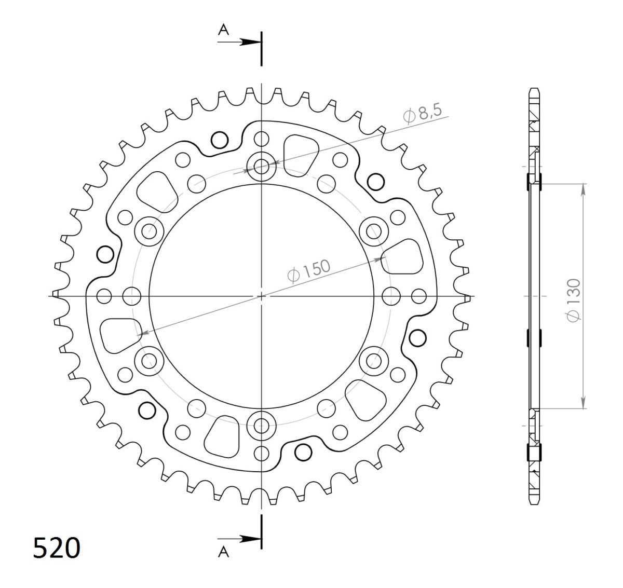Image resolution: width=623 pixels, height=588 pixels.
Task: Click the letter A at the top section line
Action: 223,31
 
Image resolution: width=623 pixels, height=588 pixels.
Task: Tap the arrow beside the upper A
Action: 245,42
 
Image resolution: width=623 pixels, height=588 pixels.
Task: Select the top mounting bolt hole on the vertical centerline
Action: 262,167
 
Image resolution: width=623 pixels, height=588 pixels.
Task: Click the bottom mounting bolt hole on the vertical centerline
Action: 262,426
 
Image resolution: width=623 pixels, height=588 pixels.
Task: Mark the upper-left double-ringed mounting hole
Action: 150,231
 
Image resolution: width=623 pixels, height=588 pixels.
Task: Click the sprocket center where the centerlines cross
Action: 262,296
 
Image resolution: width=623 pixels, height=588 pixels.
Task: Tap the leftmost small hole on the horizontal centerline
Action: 104,296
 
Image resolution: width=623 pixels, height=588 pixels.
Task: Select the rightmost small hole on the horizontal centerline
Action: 418,296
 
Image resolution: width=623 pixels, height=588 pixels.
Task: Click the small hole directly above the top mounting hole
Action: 262,139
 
